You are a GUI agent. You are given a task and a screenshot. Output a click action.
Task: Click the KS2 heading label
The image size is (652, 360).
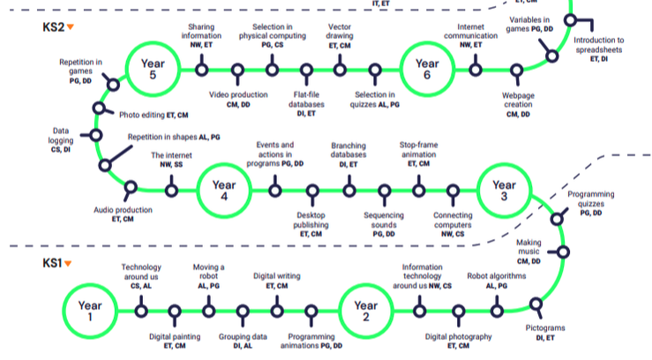pyautogui.click(x=54, y=27)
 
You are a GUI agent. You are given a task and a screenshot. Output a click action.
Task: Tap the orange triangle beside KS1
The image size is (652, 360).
pyautogui.click(x=68, y=263)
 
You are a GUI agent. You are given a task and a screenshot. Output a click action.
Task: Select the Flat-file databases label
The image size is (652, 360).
pyautogui.click(x=307, y=99)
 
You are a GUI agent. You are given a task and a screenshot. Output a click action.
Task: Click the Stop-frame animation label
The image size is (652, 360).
pyautogui.click(x=419, y=153)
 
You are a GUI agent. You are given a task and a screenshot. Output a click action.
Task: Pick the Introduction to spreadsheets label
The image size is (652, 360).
pyautogui.click(x=598, y=49)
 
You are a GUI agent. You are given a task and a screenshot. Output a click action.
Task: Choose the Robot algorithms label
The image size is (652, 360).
pyautogui.click(x=496, y=280)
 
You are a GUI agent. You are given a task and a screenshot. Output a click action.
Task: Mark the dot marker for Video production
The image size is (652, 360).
pyautogui.click(x=236, y=69)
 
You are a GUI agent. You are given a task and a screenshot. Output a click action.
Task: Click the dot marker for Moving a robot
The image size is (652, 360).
pyautogui.click(x=208, y=309)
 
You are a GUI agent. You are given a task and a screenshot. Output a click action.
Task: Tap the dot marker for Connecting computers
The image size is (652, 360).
pyautogui.click(x=453, y=190)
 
